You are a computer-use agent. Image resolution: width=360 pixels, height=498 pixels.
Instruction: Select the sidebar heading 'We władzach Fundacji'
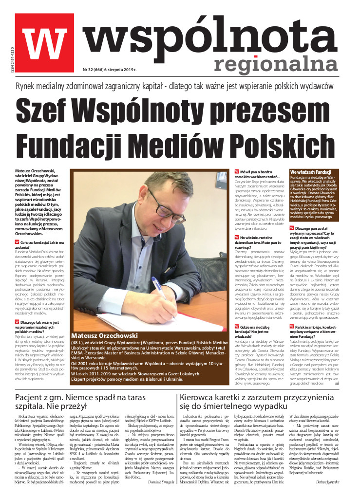click(x=310, y=173)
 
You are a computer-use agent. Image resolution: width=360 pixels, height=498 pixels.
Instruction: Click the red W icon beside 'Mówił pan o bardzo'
click(x=237, y=172)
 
